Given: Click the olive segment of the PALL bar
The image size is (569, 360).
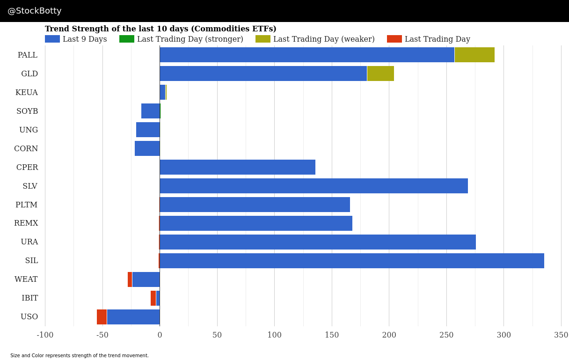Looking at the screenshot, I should [474, 55].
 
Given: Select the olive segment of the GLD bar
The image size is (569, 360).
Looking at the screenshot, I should [380, 73].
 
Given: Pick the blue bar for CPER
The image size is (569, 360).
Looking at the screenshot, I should [237, 167].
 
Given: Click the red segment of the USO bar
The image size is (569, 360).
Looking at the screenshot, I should [102, 317].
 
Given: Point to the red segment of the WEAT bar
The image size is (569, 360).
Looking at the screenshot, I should [130, 279].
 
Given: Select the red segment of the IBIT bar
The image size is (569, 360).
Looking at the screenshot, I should [153, 298].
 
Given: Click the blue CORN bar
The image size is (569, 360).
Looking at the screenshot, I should [147, 148].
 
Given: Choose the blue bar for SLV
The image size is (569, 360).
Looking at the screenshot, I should [314, 186].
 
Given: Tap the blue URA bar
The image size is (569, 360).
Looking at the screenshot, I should [318, 242].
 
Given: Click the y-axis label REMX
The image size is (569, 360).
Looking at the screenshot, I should [26, 223].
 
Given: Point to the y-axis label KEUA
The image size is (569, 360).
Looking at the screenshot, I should [27, 93].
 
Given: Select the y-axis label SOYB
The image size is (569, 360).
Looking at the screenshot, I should [27, 111].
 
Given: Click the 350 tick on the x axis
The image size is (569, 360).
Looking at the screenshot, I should [561, 335].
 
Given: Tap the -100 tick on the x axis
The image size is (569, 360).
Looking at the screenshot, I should [45, 335].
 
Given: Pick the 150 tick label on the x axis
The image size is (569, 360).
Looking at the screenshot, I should [332, 335].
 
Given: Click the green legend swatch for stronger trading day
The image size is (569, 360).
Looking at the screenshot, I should [127, 39].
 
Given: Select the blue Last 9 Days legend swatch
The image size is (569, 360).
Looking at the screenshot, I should [52, 39].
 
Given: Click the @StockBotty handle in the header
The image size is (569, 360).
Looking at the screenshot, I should [35, 11].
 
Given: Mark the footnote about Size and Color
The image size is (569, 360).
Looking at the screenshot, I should [80, 356].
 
